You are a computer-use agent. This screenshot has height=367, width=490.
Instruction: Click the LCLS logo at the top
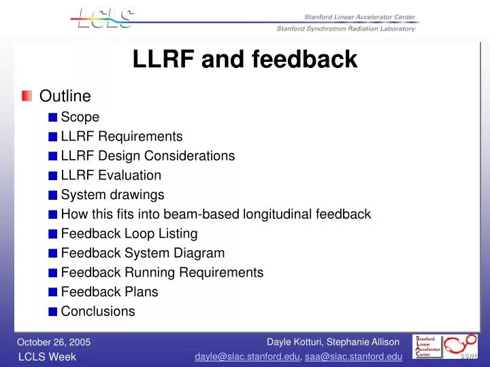(x=103, y=18)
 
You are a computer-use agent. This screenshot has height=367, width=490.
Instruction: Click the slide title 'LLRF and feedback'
(x=245, y=59)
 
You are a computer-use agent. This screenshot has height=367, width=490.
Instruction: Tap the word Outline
(x=65, y=97)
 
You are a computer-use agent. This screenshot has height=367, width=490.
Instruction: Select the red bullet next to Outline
(x=27, y=97)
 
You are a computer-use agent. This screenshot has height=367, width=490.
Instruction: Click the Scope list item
(x=80, y=117)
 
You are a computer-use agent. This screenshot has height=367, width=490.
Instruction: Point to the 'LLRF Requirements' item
(x=122, y=136)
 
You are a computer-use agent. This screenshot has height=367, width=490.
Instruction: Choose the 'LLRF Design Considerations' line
(x=148, y=156)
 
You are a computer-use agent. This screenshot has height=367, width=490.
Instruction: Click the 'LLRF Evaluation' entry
(x=111, y=175)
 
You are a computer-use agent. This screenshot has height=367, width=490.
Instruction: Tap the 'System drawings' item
(x=112, y=195)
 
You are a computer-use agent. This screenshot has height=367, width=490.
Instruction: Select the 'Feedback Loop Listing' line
(x=129, y=234)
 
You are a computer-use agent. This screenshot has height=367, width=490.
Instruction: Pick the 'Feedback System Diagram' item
(x=143, y=254)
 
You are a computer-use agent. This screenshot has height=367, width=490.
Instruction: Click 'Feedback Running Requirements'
(x=162, y=273)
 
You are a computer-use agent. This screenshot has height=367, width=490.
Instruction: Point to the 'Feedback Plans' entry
(x=110, y=292)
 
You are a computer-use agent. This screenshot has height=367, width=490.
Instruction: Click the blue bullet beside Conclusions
(x=53, y=312)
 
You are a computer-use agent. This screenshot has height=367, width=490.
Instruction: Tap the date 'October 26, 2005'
(x=54, y=342)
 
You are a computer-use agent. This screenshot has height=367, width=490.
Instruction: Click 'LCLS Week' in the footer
(x=47, y=357)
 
